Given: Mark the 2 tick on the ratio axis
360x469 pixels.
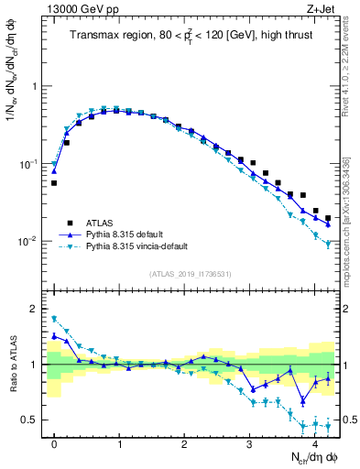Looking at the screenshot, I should (37, 309).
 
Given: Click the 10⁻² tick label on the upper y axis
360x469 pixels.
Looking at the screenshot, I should (29, 242).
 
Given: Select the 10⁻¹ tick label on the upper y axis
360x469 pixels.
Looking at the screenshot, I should (29, 164).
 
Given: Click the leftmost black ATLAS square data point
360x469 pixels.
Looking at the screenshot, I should (54, 183).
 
